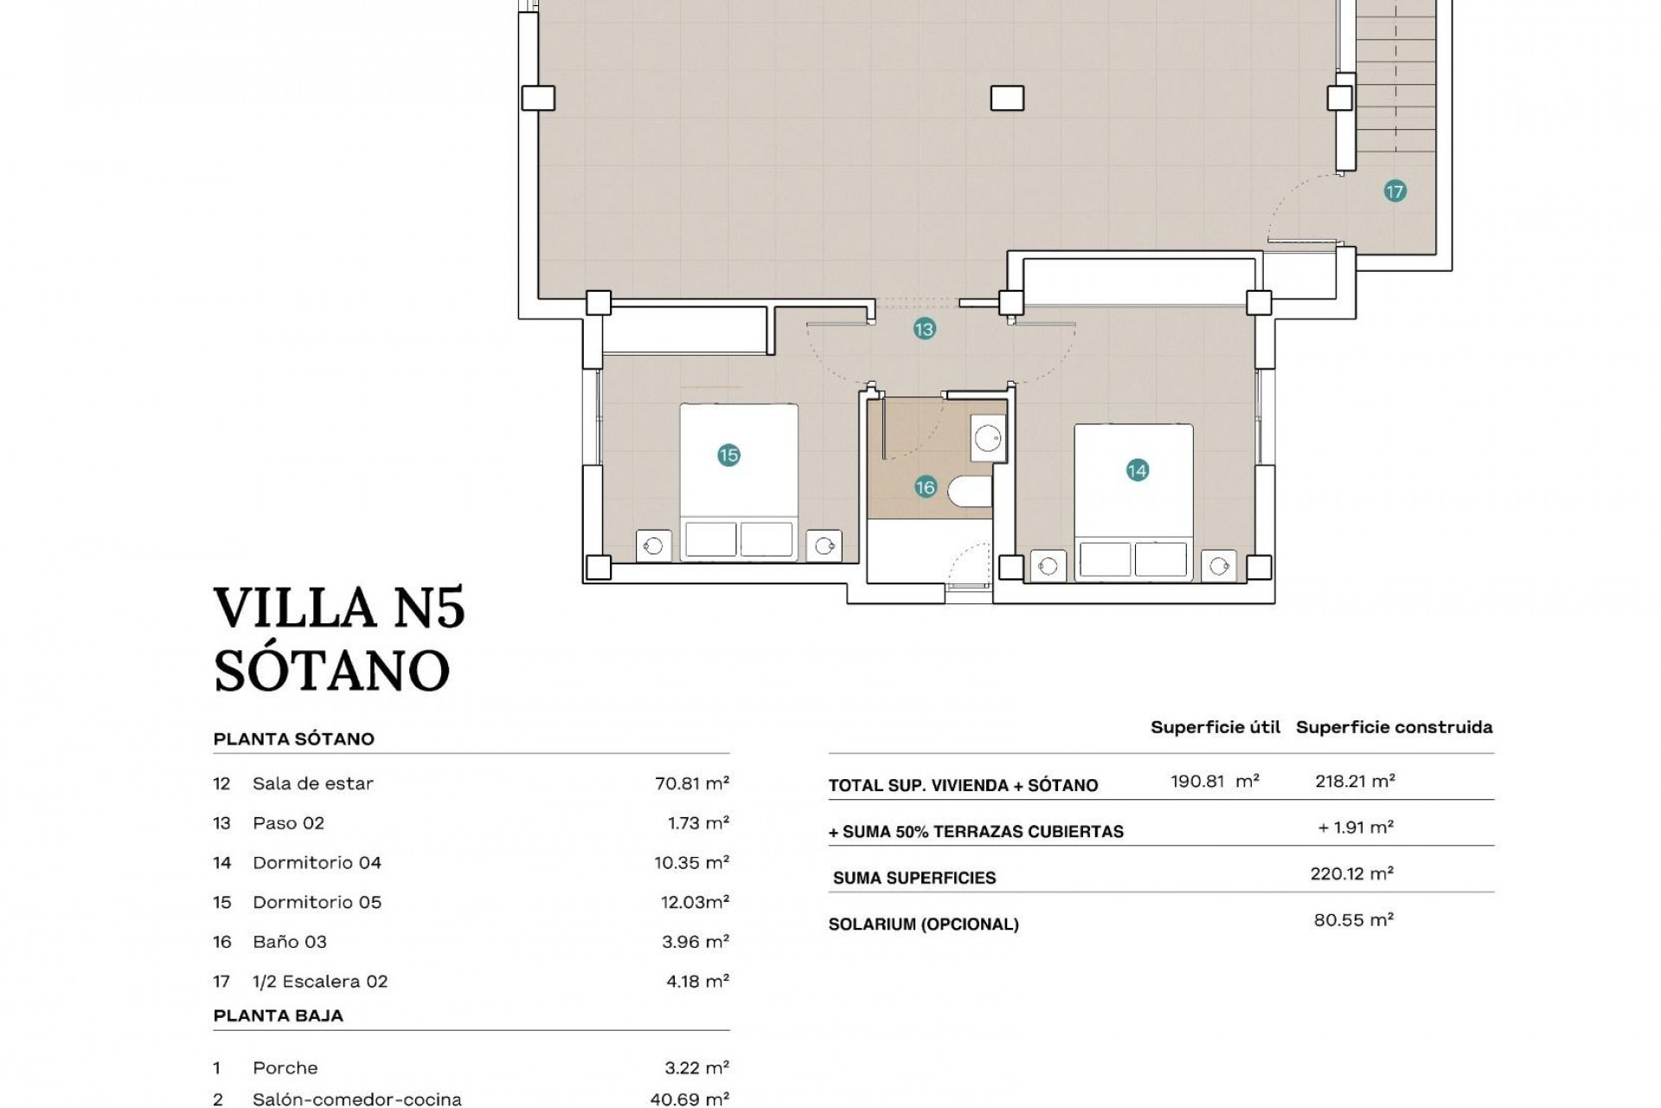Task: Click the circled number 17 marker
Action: pos(1395,191)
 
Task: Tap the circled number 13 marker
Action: pos(924,329)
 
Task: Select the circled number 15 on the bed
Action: pos(728,455)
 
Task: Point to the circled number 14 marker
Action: pos(1137,470)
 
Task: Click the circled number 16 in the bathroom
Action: pos(925,487)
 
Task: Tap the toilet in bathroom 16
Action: pos(969,492)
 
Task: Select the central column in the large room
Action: pos(1007,98)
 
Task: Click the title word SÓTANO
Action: pos(331,670)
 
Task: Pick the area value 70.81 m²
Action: pos(691,783)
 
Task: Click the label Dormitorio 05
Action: pos(317,902)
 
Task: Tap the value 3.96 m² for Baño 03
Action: pos(695,942)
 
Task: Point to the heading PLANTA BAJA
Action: pos(278,1015)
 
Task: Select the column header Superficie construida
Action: pos(1394,727)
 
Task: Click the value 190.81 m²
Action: pos(1214,781)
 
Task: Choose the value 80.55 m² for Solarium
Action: pos(1353,920)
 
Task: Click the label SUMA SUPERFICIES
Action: pos(914,878)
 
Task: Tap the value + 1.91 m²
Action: pos(1355,828)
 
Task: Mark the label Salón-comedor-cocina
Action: pos(356,1099)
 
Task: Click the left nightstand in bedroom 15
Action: pos(653,545)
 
